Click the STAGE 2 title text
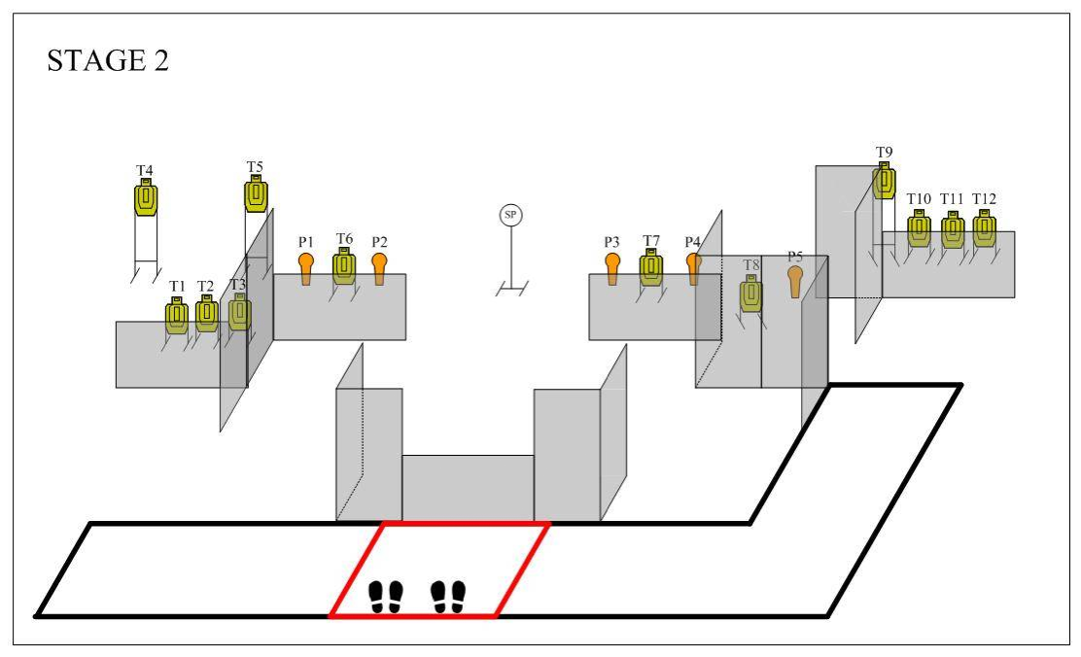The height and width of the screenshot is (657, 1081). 108,60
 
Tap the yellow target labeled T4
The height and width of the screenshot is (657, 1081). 146,197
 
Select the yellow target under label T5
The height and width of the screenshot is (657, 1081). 256,193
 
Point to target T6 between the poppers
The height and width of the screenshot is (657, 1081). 344,266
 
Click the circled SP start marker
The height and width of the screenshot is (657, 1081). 510,215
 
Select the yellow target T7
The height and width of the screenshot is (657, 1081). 650,267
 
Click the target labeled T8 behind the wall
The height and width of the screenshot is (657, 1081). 751,293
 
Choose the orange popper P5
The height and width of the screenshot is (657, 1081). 795,281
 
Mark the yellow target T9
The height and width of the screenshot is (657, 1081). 884,181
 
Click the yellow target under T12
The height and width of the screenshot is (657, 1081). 985,228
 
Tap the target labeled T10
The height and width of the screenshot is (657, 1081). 919,229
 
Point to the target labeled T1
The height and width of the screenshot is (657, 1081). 177,316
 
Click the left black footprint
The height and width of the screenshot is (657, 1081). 385,597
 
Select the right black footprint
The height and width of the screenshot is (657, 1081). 448,597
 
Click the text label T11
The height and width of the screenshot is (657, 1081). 952,198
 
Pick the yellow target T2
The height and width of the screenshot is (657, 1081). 207,314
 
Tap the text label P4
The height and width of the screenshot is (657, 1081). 693,241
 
